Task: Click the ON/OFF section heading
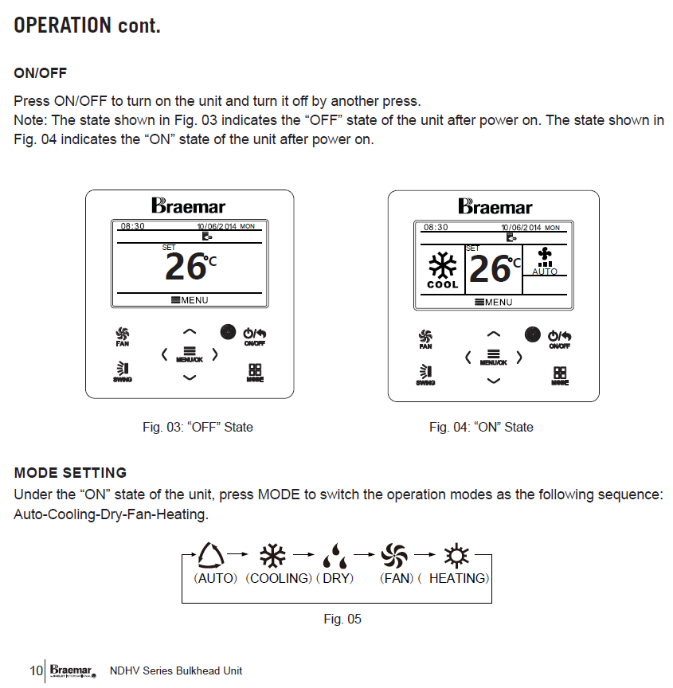point(41,73)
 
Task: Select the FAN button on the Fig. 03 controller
point(123,336)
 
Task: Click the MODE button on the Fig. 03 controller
point(255,373)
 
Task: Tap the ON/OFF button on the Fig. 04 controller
point(560,338)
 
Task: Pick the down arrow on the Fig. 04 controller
point(494,381)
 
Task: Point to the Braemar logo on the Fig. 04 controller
point(495,207)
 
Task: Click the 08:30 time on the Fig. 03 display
point(132,226)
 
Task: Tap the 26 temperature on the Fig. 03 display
point(186,267)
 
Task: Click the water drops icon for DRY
point(335,555)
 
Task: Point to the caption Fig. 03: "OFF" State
point(198,428)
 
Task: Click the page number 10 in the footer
point(37,670)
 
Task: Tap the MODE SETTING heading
point(70,473)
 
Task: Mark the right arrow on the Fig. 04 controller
point(519,358)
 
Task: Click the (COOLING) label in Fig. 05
point(278,579)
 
